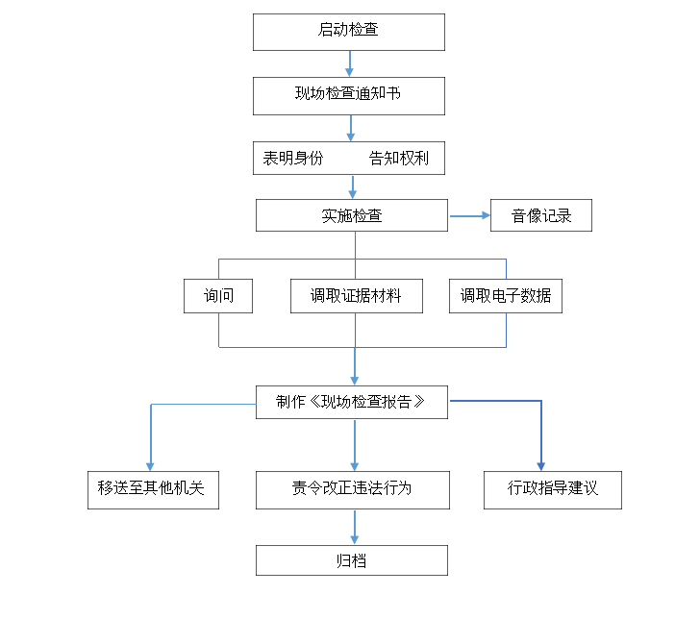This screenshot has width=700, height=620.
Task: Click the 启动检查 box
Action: [349, 32]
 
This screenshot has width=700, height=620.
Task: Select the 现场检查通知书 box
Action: [349, 96]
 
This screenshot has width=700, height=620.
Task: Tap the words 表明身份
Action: [293, 158]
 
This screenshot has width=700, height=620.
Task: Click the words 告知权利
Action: [399, 158]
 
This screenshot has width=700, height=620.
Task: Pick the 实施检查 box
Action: [352, 215]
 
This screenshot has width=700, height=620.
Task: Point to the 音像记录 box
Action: [541, 215]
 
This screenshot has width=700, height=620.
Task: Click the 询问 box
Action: [218, 296]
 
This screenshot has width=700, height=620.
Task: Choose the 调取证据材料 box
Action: [357, 296]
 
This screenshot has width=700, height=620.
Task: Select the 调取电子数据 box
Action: [506, 296]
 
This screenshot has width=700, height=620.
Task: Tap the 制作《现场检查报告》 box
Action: [352, 402]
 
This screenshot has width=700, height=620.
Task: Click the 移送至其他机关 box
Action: [153, 490]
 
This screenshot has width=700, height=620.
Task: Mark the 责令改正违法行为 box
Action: [353, 490]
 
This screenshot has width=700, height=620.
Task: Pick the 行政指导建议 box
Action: [553, 490]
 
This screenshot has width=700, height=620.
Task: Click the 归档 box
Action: [352, 560]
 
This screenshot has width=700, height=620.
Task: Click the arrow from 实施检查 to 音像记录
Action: [470, 216]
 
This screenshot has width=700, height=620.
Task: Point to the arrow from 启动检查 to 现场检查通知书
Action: [350, 63]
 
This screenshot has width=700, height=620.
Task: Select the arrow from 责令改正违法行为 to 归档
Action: [355, 527]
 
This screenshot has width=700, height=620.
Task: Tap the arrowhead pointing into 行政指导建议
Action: [541, 467]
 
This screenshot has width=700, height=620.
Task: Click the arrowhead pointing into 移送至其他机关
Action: [150, 467]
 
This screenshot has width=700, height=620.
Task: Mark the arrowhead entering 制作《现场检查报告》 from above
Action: [355, 382]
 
